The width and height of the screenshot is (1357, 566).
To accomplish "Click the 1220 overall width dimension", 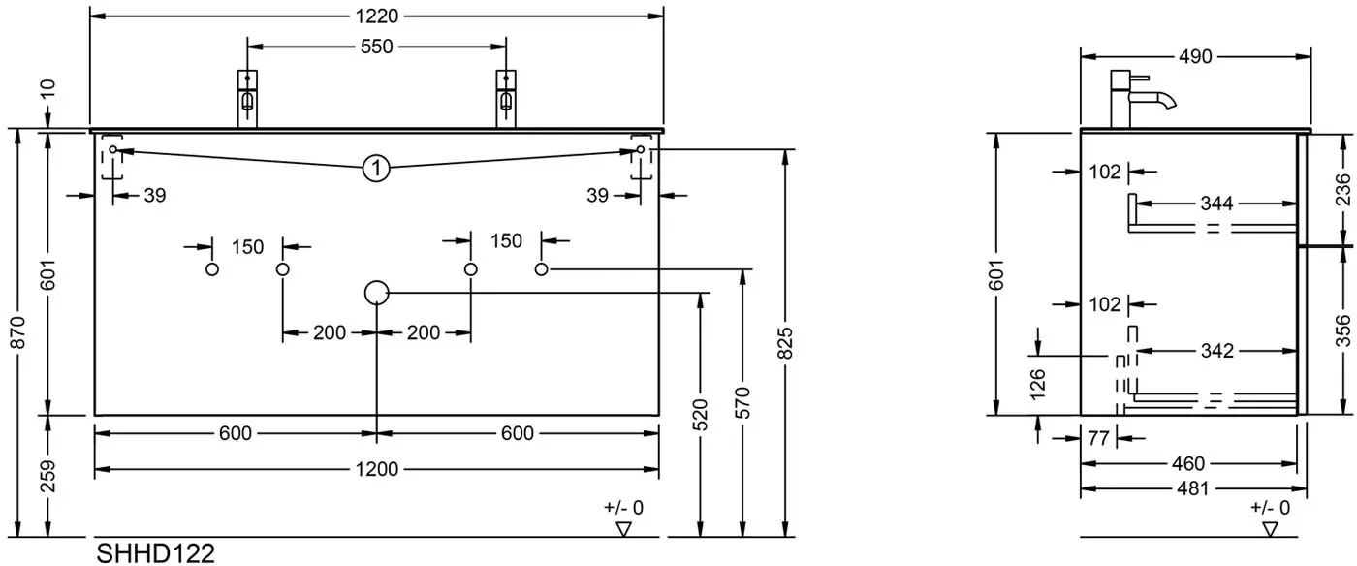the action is click(377, 16).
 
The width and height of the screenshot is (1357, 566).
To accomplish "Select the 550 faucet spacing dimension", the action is click(377, 47).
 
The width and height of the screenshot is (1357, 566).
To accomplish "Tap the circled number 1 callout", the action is click(376, 168).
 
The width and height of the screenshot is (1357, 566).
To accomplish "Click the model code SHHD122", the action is click(156, 553).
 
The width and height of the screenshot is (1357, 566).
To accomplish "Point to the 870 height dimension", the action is click(18, 332).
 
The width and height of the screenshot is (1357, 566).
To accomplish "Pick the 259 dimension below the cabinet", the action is click(48, 476).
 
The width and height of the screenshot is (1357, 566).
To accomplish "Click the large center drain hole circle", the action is click(376, 293).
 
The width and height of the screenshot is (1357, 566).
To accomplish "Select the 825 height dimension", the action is click(785, 343).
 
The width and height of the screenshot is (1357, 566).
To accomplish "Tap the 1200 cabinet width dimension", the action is click(377, 469).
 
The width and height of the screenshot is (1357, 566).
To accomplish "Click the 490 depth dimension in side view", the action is click(1195, 57).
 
